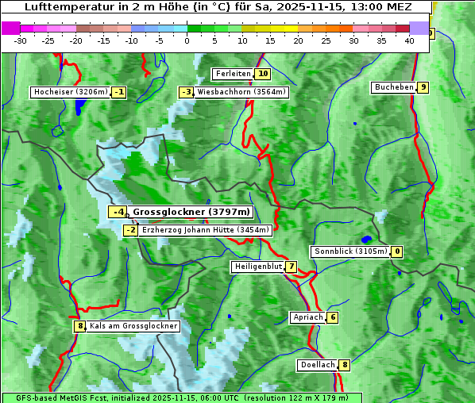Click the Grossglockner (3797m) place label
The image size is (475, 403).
point(191,212)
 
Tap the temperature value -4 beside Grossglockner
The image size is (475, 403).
point(118,212)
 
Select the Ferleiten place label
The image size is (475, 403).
point(233,74)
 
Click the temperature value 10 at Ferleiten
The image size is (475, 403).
point(263,74)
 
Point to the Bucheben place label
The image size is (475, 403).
point(394,87)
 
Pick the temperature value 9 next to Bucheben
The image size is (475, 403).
point(423,87)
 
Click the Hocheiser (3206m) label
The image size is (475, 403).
point(70,92)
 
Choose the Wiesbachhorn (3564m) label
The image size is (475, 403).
point(241,92)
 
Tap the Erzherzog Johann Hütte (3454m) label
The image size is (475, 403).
point(206,230)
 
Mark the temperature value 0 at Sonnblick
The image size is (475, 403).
point(397,251)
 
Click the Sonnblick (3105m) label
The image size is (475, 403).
point(350,251)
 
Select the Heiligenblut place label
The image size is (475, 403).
point(257,267)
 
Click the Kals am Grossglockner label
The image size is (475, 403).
point(133,326)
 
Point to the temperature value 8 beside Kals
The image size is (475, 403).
point(79,326)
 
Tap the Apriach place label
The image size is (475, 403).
point(307,317)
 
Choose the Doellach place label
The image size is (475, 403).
point(318,365)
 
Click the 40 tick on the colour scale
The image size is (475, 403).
point(409,41)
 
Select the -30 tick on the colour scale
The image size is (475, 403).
point(21,41)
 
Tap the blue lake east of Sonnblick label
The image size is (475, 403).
point(366,239)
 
